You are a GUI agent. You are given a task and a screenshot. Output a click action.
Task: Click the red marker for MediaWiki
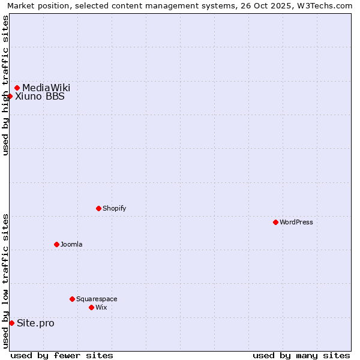click(x=17, y=88)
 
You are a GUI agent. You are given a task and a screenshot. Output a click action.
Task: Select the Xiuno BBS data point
click(x=10, y=96)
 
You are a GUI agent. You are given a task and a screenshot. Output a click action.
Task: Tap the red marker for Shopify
click(x=98, y=208)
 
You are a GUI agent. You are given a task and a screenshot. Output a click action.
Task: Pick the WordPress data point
click(x=275, y=222)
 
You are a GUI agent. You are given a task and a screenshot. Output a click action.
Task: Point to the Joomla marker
click(x=56, y=244)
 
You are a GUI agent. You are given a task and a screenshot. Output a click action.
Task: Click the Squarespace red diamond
click(x=72, y=299)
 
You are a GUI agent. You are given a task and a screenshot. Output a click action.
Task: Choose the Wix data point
click(x=91, y=307)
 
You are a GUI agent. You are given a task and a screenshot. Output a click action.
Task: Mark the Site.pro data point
click(x=11, y=323)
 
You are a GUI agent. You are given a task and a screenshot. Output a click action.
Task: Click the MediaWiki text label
click(x=46, y=88)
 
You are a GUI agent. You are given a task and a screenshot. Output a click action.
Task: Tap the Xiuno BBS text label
click(x=40, y=96)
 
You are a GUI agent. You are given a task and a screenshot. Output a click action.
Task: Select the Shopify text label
click(x=114, y=208)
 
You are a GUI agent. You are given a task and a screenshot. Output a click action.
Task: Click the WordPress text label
click(x=296, y=222)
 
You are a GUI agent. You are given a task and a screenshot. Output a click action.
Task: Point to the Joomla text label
click(x=71, y=244)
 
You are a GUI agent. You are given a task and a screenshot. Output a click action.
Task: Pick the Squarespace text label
click(x=97, y=299)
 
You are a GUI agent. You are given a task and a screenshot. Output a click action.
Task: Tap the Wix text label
click(x=101, y=307)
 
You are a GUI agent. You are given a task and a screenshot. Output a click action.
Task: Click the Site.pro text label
click(x=35, y=323)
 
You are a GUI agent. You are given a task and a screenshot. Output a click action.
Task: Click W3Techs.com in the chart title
click(x=325, y=5)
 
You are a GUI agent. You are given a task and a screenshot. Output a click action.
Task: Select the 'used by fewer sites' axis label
click(x=62, y=355)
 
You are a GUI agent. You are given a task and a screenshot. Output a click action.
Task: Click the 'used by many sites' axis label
click(x=301, y=355)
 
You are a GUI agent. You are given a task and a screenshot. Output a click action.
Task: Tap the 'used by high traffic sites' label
click(x=5, y=85)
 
